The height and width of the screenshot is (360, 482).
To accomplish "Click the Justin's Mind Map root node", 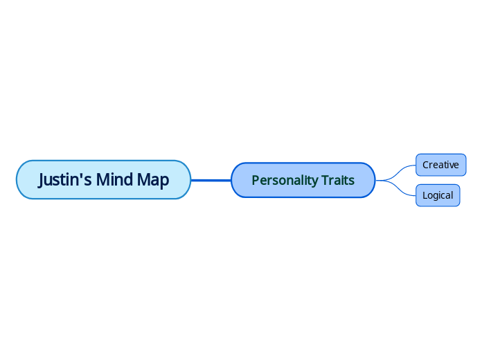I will coord(102,180).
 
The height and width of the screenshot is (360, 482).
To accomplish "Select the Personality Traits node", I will coord(303,180).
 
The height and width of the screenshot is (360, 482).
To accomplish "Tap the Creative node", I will coord(440,165).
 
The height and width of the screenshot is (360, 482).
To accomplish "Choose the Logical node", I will coord(438,195).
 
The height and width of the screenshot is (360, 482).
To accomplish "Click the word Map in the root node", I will coord(152,180).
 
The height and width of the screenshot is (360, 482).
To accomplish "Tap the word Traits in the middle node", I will coord(338,180).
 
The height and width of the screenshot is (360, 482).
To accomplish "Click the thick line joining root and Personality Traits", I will coord(211,180).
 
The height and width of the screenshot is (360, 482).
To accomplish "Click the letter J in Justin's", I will coord(42,180).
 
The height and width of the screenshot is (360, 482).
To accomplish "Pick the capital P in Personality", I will coord(255,180).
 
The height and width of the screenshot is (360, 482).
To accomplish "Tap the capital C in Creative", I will coord(426,165).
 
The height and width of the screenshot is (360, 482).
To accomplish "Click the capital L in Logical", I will coord(425,195).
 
